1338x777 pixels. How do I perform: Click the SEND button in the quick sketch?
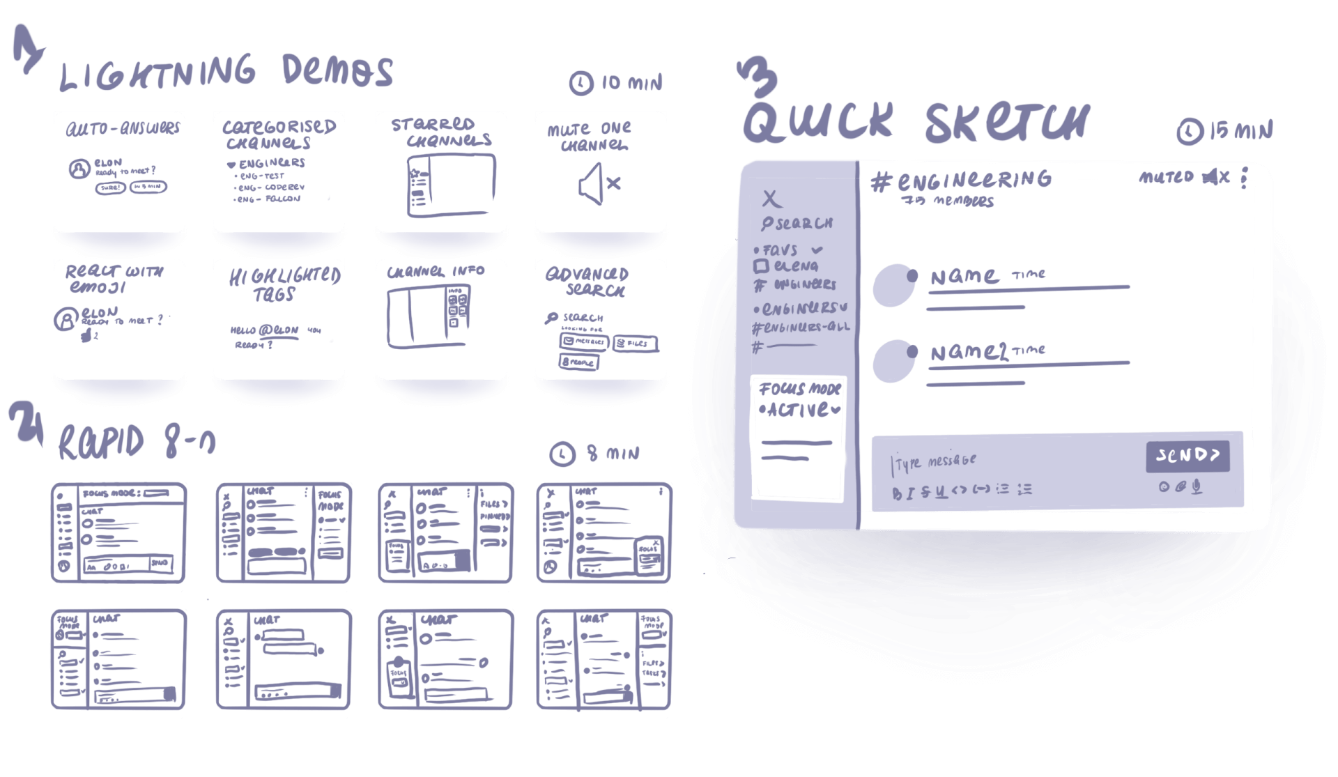1187,456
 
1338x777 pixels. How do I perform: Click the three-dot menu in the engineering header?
1245,178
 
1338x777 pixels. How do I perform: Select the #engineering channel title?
962,181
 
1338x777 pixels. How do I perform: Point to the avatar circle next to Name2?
893,362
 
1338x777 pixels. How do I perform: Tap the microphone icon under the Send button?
1197,487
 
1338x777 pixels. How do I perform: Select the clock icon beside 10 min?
580,84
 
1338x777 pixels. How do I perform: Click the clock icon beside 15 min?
1189,131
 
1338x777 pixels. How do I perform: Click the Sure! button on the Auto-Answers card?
110,187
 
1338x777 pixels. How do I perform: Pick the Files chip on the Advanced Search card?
636,344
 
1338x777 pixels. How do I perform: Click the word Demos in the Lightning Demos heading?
337,72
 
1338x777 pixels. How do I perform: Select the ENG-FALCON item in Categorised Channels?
269,199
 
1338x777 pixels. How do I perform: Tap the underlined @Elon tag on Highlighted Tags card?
279,331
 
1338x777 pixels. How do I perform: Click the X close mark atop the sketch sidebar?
771,199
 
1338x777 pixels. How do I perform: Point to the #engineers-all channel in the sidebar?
801,328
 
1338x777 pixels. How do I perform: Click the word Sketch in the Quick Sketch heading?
1006,122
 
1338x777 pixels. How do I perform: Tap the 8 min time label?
614,454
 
